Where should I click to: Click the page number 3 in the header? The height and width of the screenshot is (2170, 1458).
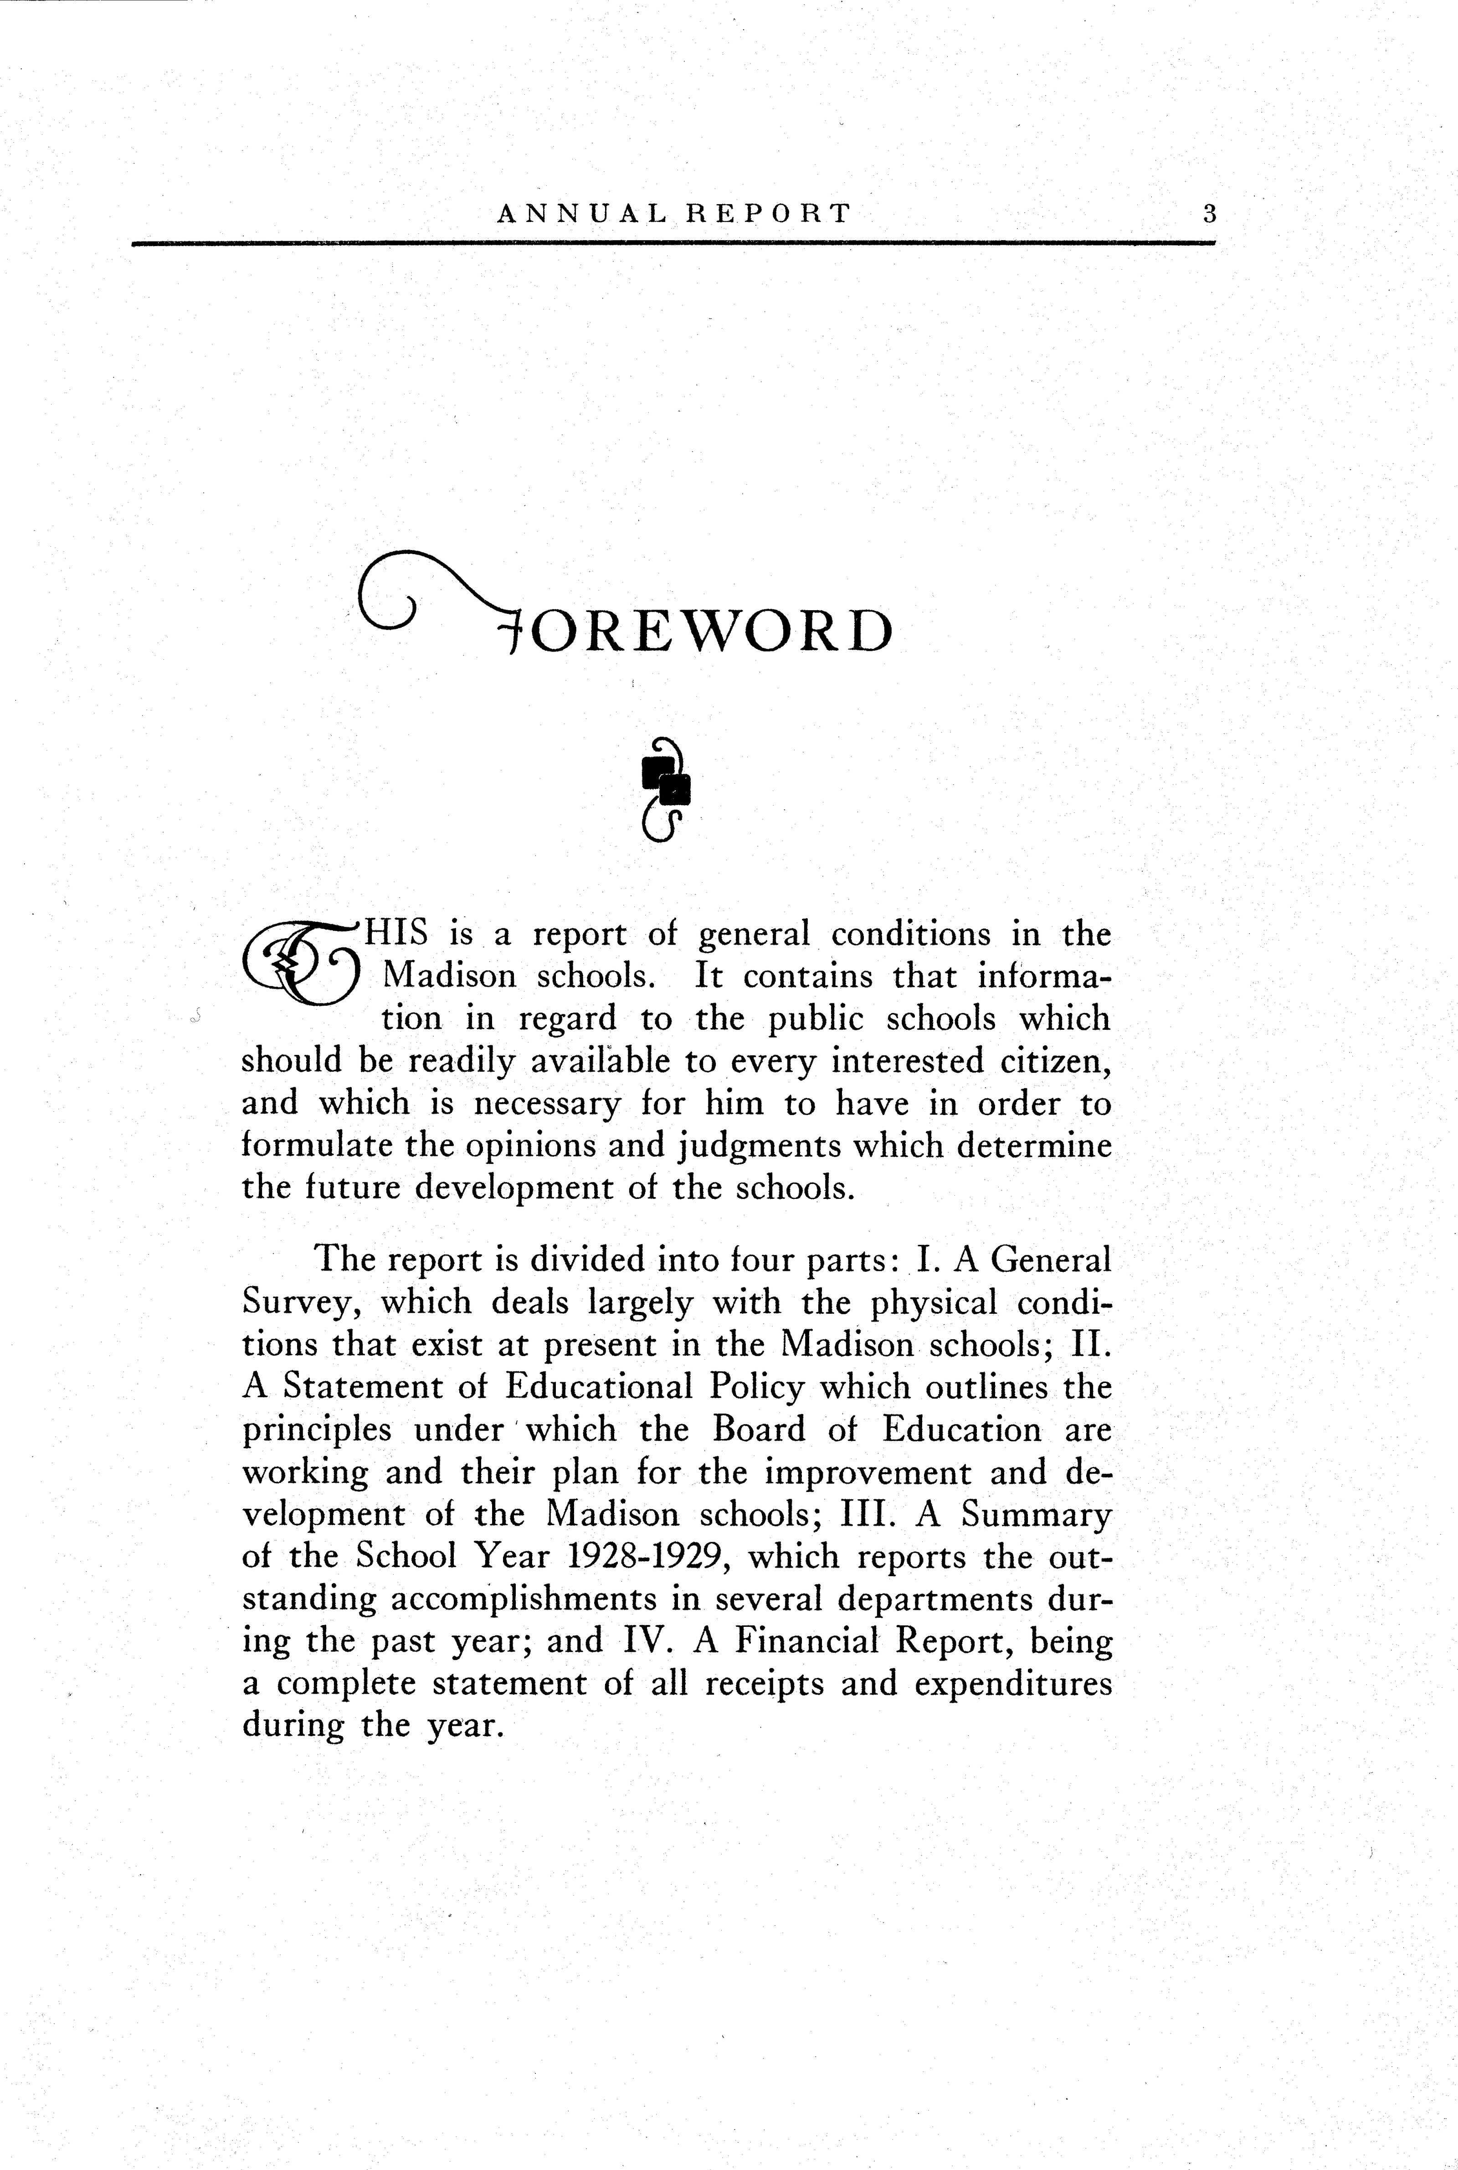coord(1209,214)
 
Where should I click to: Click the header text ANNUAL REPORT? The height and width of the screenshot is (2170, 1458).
coord(674,214)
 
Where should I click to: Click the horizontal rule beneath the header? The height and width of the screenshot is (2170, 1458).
coord(674,244)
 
